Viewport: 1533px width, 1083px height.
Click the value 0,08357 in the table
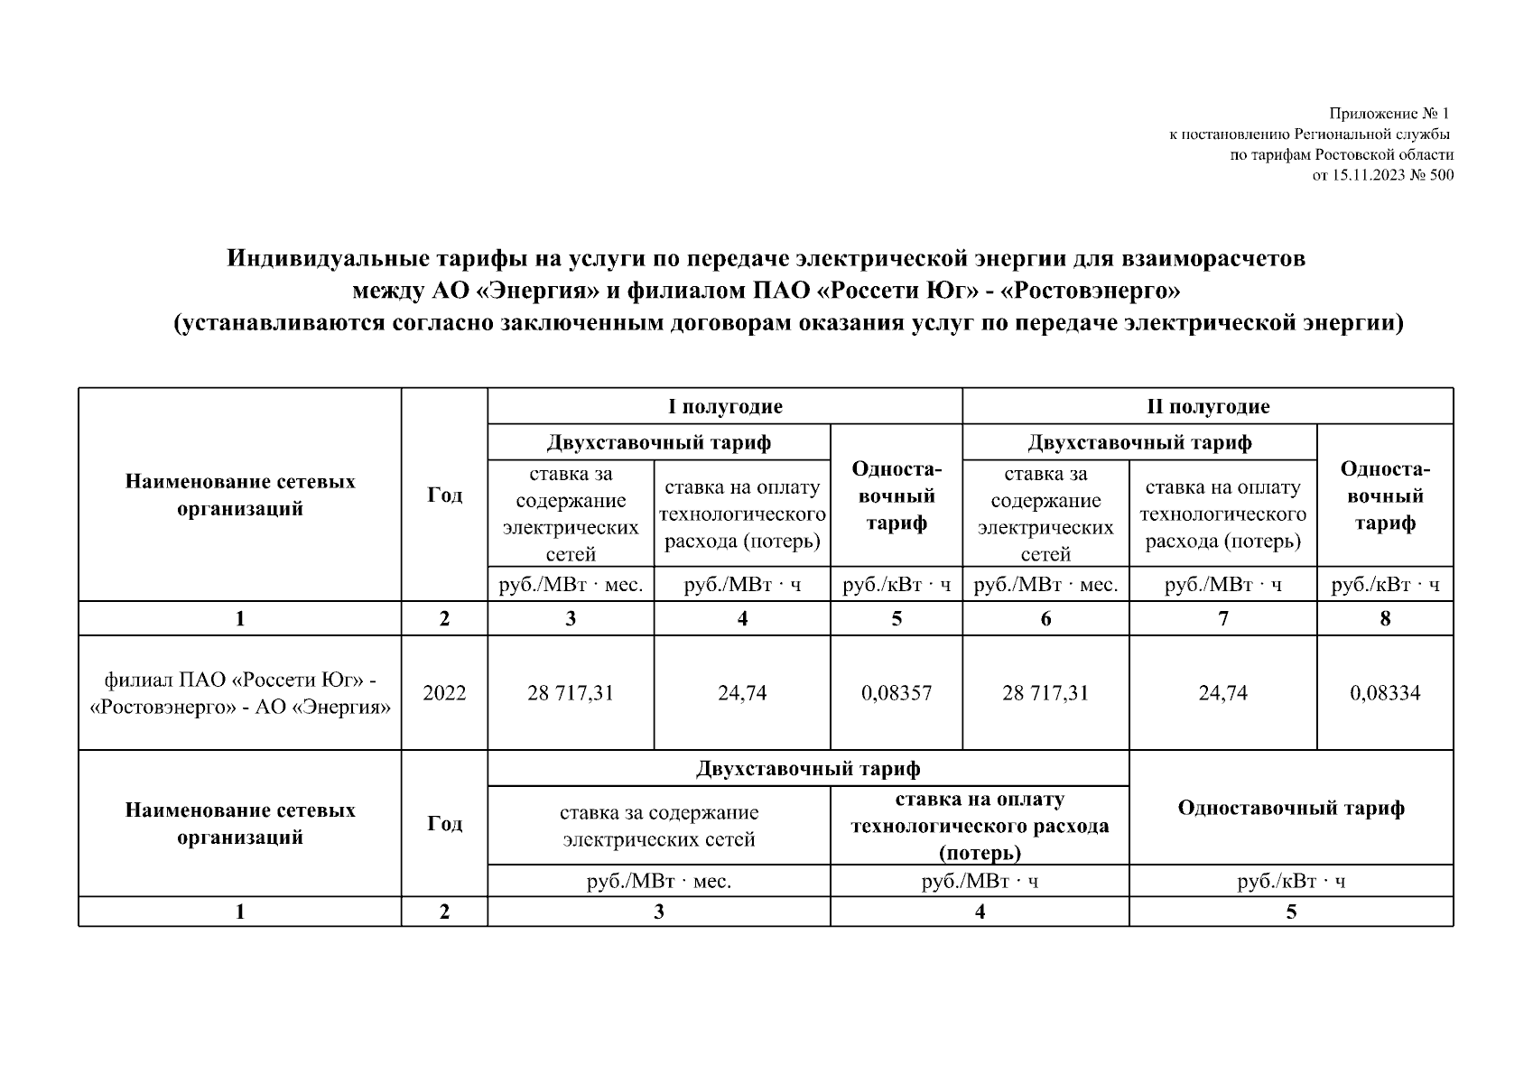896,693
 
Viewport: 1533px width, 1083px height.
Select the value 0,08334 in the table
1384,693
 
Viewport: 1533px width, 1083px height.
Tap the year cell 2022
444,693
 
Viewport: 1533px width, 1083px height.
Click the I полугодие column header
725,407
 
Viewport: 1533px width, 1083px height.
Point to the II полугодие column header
1207,407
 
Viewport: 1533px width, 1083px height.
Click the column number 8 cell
1385,619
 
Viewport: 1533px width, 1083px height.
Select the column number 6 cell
1045,619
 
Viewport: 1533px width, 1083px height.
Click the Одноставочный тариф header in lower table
1291,808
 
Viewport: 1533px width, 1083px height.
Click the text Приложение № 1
1388,115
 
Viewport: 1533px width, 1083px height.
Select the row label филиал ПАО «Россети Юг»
239,680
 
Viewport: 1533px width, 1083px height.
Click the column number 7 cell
1222,619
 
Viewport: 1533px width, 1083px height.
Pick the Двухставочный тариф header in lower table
808,769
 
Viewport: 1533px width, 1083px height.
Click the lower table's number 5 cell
1291,912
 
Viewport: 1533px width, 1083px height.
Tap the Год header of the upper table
444,495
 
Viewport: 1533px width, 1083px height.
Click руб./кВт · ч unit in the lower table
1291,882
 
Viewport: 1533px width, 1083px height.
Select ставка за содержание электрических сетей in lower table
658,826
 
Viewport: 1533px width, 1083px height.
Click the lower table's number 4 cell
980,912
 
